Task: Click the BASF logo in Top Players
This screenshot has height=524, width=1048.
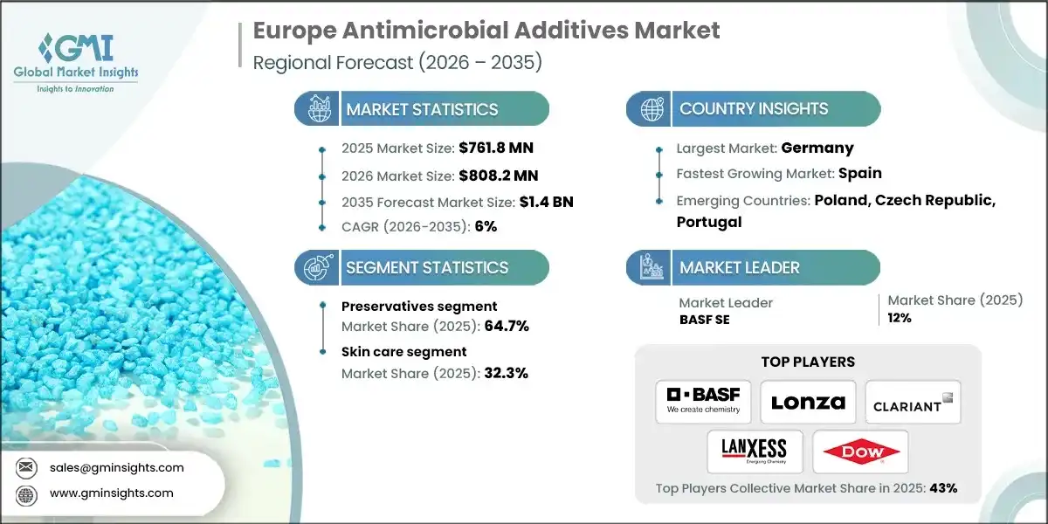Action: (703, 401)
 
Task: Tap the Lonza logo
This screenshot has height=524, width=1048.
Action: (808, 402)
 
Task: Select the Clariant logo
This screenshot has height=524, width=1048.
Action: (913, 402)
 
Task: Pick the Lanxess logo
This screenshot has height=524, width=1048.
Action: (754, 452)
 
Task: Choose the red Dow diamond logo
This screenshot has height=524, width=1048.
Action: (860, 452)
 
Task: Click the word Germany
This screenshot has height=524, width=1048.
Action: (817, 148)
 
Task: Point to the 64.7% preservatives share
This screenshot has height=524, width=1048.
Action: (507, 326)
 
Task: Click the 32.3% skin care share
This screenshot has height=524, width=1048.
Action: (506, 373)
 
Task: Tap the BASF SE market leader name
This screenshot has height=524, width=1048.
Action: (705, 320)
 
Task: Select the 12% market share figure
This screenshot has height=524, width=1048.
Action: (900, 318)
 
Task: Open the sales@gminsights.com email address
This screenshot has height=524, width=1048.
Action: (116, 467)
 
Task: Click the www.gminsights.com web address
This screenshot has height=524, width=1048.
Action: (111, 493)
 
